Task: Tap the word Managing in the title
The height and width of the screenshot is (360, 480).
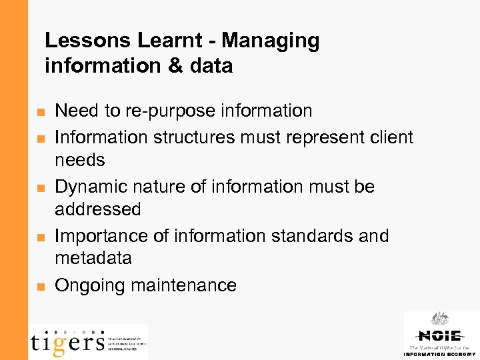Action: [x=271, y=41]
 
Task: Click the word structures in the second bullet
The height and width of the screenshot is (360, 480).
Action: [x=193, y=137]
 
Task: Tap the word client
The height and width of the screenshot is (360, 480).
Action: [x=386, y=137]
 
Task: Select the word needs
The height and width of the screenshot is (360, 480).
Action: [x=80, y=160]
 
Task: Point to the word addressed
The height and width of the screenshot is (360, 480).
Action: [x=98, y=209]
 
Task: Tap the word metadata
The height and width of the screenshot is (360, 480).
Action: [x=93, y=258]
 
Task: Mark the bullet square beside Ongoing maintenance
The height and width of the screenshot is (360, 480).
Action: [x=41, y=287]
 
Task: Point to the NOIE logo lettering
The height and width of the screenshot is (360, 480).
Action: [x=439, y=335]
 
